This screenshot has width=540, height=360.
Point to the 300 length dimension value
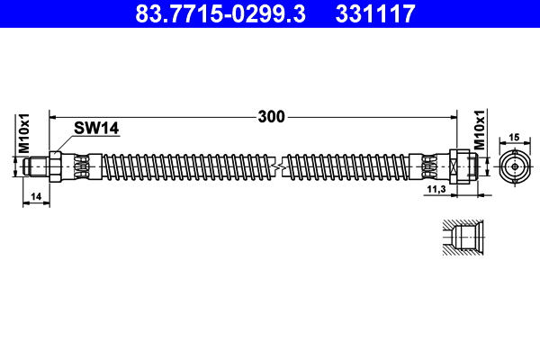[271, 116]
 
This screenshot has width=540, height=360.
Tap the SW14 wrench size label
[96, 130]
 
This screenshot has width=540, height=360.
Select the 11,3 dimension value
[436, 190]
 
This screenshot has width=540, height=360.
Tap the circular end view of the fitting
[515, 166]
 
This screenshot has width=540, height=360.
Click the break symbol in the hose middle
[279, 166]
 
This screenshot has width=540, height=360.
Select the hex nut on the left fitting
[55, 166]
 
